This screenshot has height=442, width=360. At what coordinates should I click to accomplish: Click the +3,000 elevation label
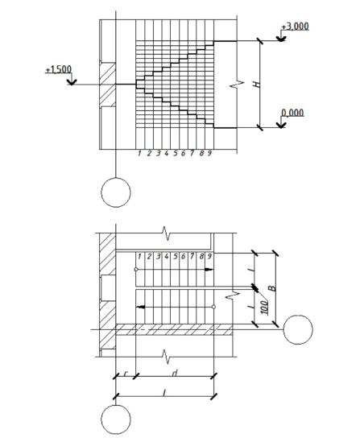(295, 27)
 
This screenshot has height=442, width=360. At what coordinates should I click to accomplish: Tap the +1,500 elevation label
(59, 69)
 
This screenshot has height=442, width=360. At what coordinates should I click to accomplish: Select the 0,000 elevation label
(292, 113)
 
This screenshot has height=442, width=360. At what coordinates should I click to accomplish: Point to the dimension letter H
(256, 84)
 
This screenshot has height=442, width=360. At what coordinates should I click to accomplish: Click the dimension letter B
(272, 288)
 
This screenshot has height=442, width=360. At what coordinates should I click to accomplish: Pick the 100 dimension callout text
(264, 308)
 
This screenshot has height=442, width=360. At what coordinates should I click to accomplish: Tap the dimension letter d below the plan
(175, 374)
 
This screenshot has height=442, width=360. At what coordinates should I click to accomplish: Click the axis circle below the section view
(116, 192)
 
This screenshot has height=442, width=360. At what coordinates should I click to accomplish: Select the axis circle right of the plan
(298, 329)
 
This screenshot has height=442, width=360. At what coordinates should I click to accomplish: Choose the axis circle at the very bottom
(116, 419)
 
